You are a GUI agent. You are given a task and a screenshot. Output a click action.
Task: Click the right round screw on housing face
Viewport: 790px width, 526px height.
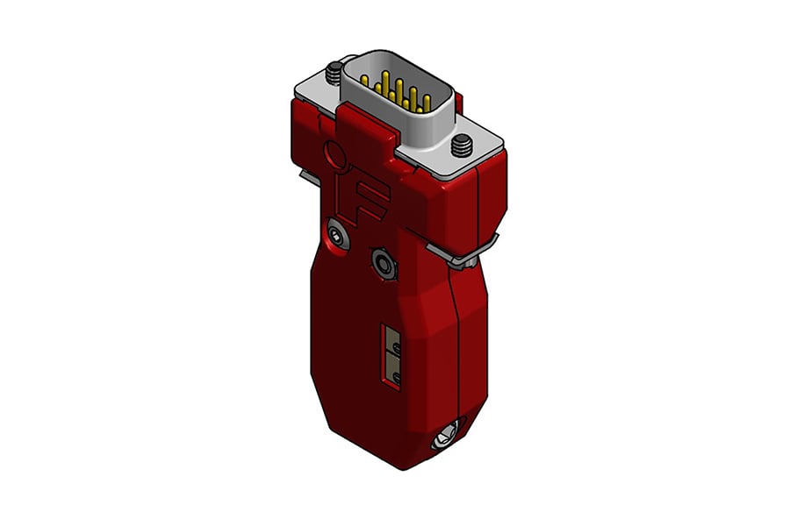[383, 261]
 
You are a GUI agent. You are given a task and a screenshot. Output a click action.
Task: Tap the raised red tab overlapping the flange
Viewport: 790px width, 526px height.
[364, 124]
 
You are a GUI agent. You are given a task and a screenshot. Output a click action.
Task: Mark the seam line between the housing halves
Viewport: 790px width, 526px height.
[458, 333]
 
